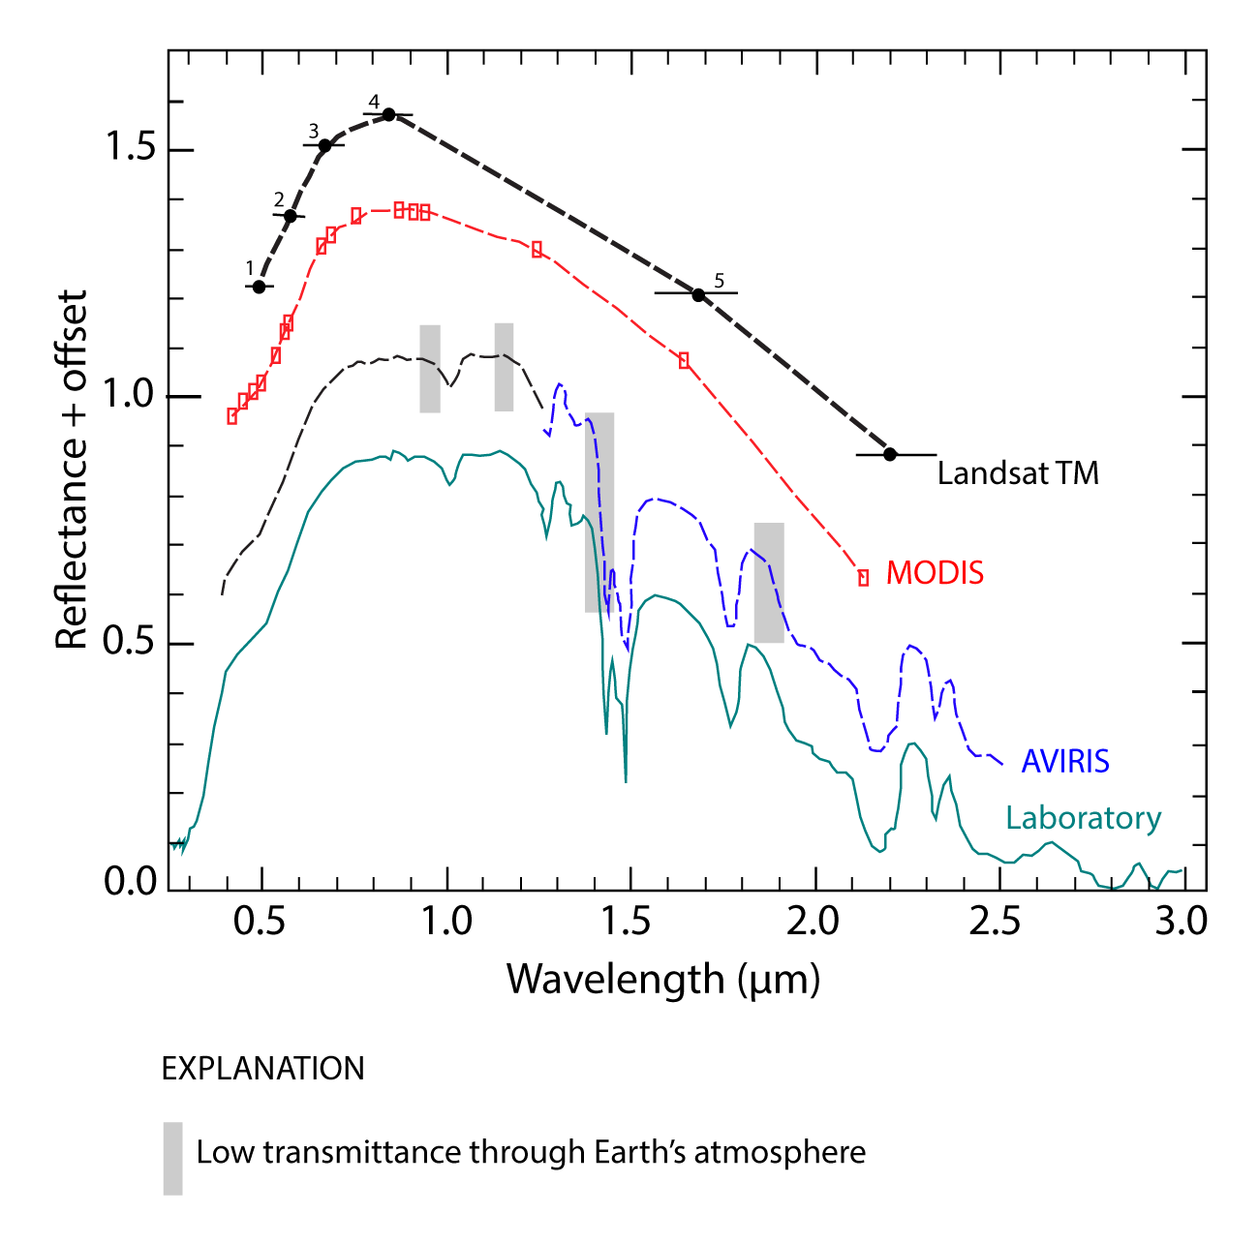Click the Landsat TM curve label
[x=1018, y=473]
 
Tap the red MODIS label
[x=935, y=573]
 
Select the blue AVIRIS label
[x=1065, y=761]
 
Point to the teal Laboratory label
[x=1083, y=818]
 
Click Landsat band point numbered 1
[x=259, y=287]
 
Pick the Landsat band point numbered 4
[x=388, y=114]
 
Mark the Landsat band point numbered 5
[x=698, y=294]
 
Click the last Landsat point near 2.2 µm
[x=890, y=454]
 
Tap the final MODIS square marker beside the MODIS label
[x=863, y=578]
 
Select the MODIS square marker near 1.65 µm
[x=685, y=360]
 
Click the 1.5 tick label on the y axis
[x=130, y=148]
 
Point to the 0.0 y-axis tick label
[x=130, y=882]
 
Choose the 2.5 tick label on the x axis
[x=997, y=921]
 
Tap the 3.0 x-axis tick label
[x=1181, y=921]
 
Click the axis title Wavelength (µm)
[x=663, y=979]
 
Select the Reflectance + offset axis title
[x=72, y=470]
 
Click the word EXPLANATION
[x=262, y=1069]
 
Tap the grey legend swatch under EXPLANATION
[x=172, y=1158]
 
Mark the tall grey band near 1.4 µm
[x=599, y=512]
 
